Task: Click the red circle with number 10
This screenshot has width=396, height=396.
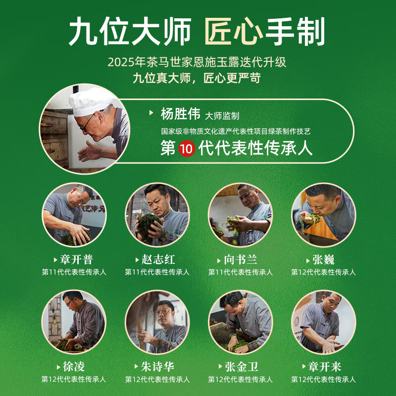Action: click(187, 148)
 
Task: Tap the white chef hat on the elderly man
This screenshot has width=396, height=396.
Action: click(91, 101)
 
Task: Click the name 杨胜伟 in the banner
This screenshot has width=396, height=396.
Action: click(181, 114)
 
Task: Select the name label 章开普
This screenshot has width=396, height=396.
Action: click(76, 259)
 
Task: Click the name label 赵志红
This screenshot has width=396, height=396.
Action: click(158, 259)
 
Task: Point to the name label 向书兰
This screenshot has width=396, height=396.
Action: click(241, 259)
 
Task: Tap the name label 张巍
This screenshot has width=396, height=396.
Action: click(324, 259)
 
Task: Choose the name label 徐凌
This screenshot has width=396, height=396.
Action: click(73, 367)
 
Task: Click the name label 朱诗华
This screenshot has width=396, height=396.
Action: click(157, 367)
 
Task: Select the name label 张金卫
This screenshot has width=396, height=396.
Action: click(242, 367)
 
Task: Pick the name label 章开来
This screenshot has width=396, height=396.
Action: click(325, 367)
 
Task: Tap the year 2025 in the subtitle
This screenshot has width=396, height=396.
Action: click(121, 62)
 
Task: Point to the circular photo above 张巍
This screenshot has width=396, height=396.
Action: click(324, 215)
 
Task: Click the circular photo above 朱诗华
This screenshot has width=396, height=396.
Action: click(157, 322)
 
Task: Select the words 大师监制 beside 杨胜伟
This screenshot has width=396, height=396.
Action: click(222, 116)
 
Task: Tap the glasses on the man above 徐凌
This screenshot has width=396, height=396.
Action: click(70, 302)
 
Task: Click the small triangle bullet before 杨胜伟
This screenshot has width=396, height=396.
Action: click(151, 113)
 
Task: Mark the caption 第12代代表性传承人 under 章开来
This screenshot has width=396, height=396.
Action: click(324, 379)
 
